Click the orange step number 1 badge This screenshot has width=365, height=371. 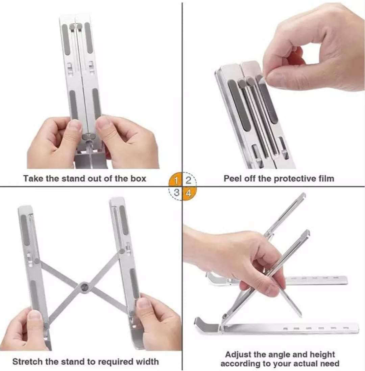[176, 180]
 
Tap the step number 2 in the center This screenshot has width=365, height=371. [189, 180]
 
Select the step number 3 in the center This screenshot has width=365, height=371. [176, 193]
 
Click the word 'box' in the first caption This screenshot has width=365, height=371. [138, 178]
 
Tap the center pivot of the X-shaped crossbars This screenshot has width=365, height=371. [84, 287]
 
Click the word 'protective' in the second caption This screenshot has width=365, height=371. [295, 178]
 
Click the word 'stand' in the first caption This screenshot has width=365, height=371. [74, 178]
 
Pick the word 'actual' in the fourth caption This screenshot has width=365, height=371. [306, 363]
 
